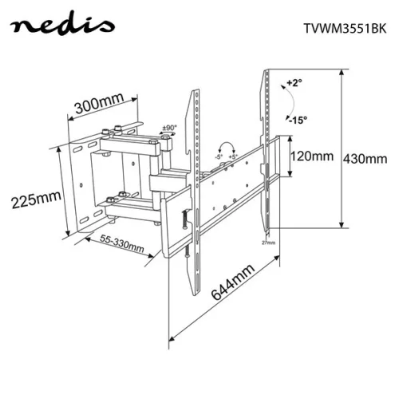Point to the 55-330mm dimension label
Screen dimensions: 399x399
point(121,243)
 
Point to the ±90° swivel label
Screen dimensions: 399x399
point(168,128)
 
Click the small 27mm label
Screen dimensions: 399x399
point(268,242)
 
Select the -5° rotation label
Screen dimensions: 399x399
point(217,156)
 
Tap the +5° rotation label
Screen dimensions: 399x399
point(233,156)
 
